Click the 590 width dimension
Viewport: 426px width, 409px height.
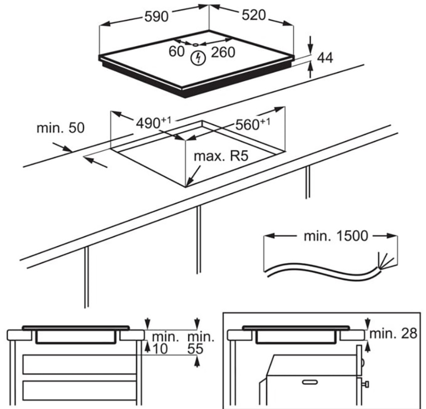(156, 16)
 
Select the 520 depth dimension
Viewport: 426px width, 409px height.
(252, 16)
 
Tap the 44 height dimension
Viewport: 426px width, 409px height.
(325, 58)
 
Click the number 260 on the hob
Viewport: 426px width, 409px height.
(223, 51)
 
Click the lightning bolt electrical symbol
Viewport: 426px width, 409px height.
(199, 58)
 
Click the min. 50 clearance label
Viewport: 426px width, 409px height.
(60, 128)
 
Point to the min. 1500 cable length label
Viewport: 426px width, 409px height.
(335, 236)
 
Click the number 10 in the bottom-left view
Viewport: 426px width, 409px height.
(158, 349)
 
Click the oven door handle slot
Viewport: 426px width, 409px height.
(310, 382)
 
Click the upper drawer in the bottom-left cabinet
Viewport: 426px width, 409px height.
(79, 364)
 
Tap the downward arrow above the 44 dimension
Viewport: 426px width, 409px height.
(310, 41)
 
